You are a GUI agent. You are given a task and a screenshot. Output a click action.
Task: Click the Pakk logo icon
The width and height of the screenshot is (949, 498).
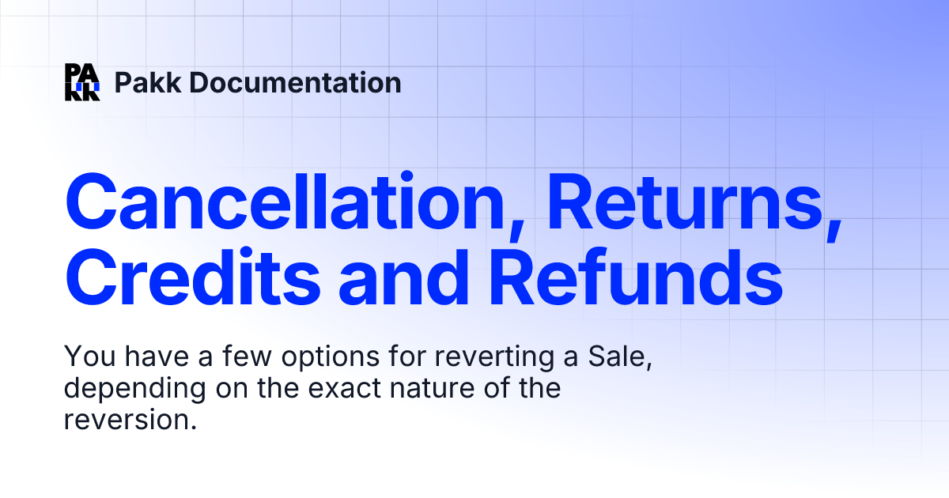coord(82,82)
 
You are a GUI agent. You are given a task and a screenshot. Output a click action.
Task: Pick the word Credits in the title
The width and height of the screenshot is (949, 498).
coord(193,281)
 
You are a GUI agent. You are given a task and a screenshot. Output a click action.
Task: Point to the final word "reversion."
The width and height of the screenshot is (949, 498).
coord(129,420)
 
